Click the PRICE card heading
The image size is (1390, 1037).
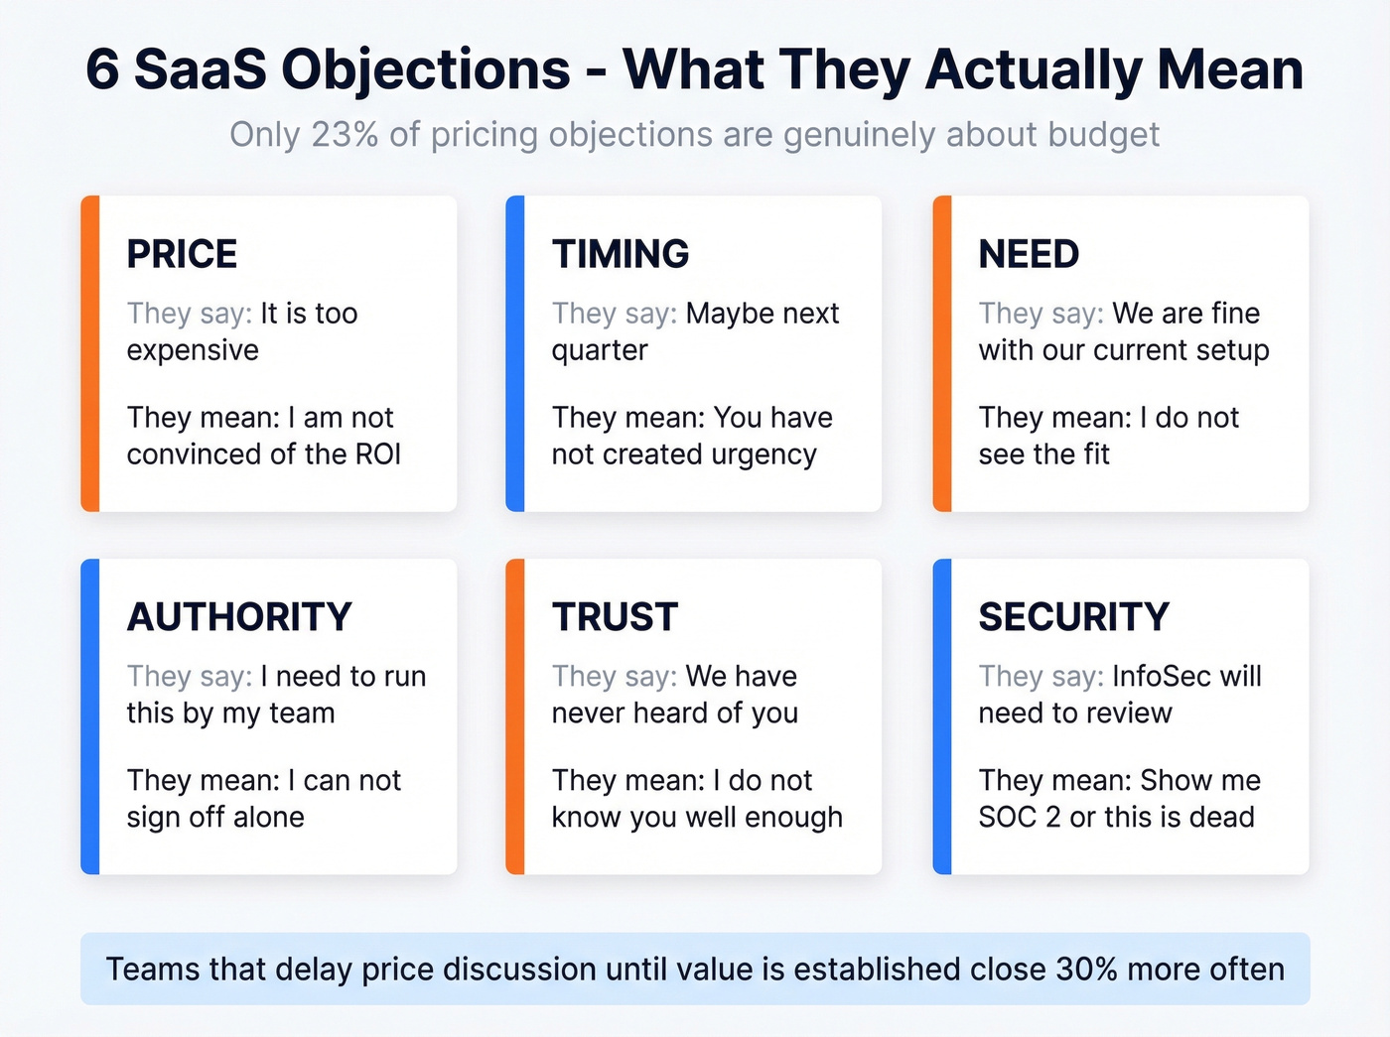click(x=182, y=254)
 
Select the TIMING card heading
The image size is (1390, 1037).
click(x=621, y=254)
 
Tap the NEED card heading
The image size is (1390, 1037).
click(x=1029, y=254)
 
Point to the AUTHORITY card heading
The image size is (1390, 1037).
click(x=239, y=617)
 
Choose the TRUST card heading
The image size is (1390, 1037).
click(x=616, y=617)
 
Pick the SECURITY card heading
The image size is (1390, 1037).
click(x=1074, y=617)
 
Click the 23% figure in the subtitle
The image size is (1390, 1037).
click(x=345, y=135)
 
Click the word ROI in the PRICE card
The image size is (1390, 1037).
click(x=378, y=454)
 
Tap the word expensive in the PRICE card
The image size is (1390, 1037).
click(x=193, y=350)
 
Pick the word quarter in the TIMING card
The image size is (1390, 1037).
click(x=600, y=350)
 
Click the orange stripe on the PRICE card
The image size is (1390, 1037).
click(x=90, y=353)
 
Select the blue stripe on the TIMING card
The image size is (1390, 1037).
click(x=515, y=353)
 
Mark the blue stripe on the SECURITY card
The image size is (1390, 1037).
click(x=942, y=716)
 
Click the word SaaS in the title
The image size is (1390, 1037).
click(x=201, y=70)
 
